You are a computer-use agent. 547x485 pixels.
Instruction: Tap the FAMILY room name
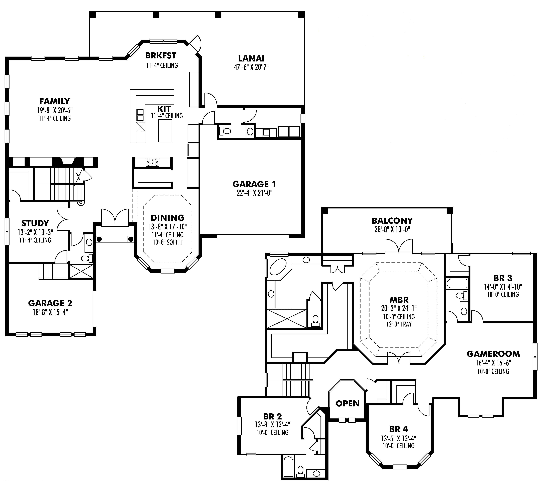pyautogui.click(x=55, y=101)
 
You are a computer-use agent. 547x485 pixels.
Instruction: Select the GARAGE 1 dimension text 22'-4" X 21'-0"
pyautogui.click(x=254, y=193)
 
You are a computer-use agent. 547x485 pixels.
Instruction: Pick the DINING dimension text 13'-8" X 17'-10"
pyautogui.click(x=168, y=227)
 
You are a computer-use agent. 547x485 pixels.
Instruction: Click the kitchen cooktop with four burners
pyautogui.click(x=152, y=162)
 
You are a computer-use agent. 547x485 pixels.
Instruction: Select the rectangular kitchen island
pyautogui.click(x=165, y=131)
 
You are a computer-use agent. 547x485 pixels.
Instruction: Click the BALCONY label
pyautogui.click(x=392, y=221)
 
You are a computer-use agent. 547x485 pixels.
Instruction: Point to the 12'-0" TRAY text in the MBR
pyautogui.click(x=399, y=324)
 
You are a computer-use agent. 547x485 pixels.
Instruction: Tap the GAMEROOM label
pyautogui.click(x=493, y=354)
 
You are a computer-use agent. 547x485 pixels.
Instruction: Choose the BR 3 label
pyautogui.click(x=503, y=278)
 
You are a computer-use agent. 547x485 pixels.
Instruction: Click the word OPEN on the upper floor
pyautogui.click(x=347, y=403)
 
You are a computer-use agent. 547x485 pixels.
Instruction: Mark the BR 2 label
pyautogui.click(x=272, y=417)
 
